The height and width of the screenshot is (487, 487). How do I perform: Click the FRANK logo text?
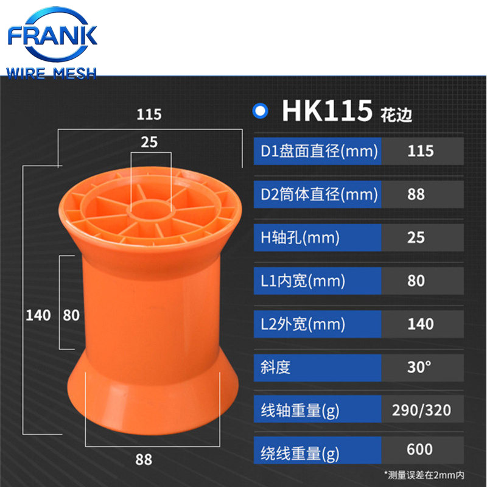52,34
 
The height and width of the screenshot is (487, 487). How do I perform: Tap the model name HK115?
327,111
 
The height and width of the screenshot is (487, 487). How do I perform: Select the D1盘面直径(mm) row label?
317,151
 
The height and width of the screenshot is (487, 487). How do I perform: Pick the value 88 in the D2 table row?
416,195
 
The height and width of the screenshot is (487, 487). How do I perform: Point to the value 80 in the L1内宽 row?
416,281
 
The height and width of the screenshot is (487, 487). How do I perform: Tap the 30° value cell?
419,367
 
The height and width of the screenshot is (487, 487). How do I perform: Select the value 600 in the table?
419,450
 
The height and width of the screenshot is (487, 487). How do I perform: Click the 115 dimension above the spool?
149,114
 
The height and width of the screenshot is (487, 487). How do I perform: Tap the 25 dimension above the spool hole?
149,142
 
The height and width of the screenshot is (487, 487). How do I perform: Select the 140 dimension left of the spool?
38,315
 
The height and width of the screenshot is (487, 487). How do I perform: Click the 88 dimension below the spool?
144,459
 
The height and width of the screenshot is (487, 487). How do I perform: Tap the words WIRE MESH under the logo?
52,74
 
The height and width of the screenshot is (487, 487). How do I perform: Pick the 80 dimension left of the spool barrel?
71,315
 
